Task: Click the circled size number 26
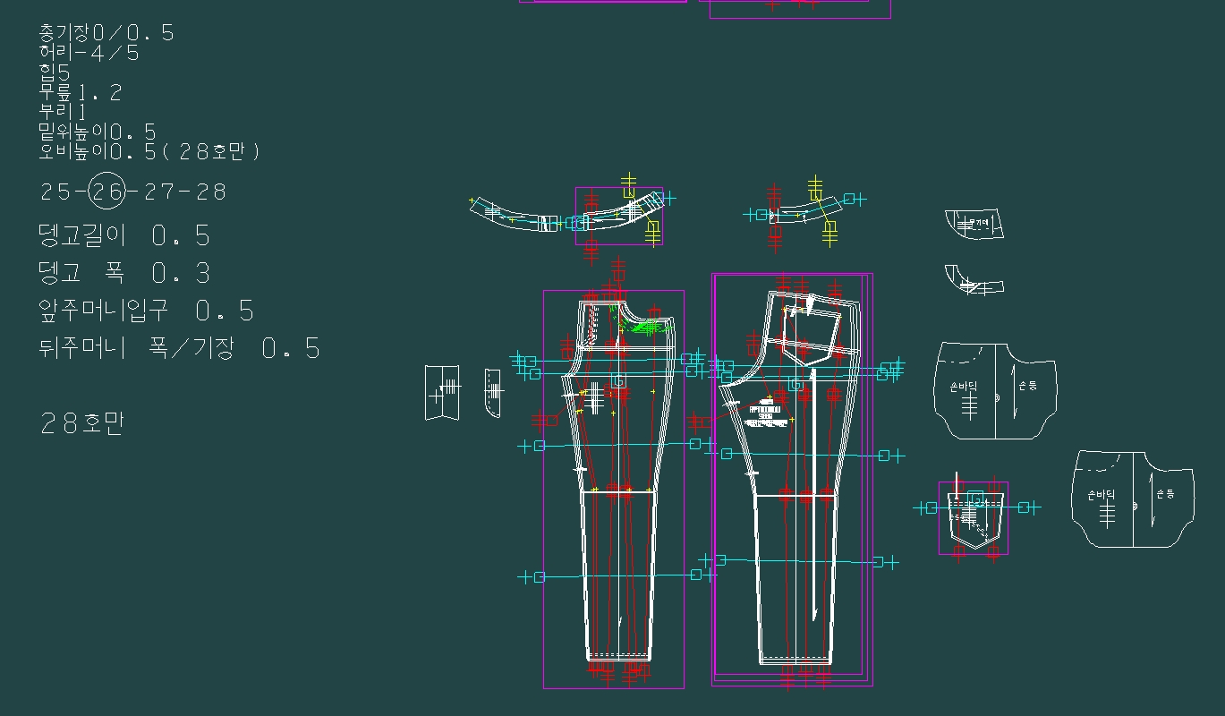[x=107, y=191]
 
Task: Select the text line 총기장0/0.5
[x=106, y=33]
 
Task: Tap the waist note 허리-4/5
[x=89, y=53]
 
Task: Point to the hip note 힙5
[x=54, y=72]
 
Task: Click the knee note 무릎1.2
[x=80, y=92]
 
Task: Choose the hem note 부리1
[x=63, y=112]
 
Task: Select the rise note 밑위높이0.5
[x=97, y=132]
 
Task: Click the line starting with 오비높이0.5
[x=149, y=151]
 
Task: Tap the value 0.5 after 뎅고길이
[x=181, y=236]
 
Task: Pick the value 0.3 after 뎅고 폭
[x=181, y=273]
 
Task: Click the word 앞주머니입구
[x=103, y=311]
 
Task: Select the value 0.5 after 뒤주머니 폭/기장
[x=291, y=348]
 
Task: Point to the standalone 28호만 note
[x=81, y=422]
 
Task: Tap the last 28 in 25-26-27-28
[x=212, y=192]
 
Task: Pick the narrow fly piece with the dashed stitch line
[x=492, y=392]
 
